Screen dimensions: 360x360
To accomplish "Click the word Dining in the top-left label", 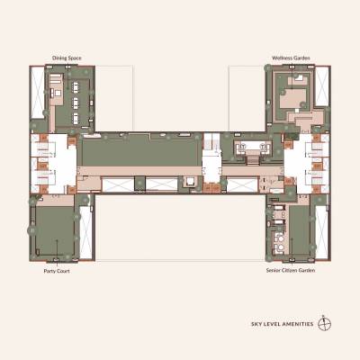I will [59, 58].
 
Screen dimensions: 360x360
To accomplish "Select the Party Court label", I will [58, 270].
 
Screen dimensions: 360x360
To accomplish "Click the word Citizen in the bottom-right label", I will [290, 270].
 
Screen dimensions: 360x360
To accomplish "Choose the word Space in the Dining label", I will [75, 58].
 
